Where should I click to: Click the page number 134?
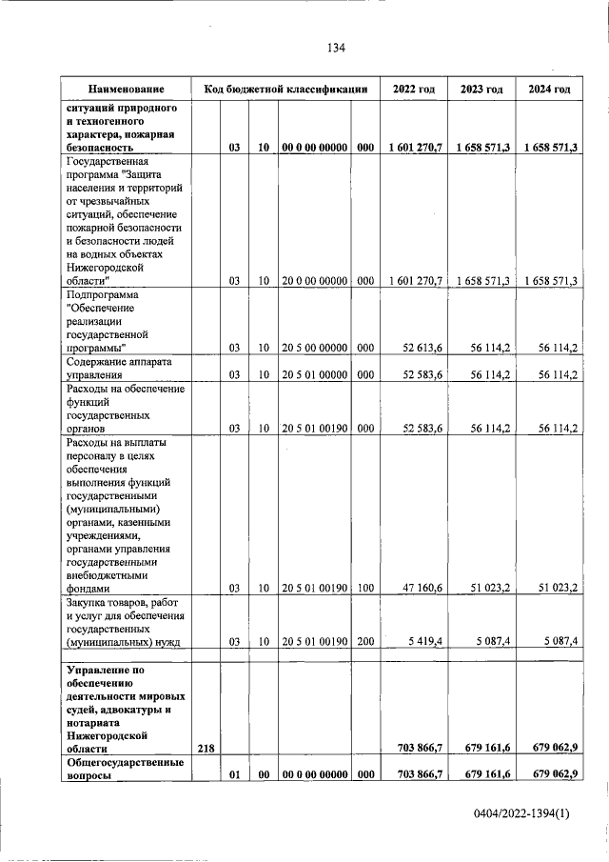[335, 48]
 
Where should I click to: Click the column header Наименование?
[123, 89]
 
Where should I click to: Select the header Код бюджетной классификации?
[285, 89]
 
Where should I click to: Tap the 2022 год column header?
[414, 89]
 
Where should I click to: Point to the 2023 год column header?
[481, 89]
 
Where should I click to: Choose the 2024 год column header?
[549, 89]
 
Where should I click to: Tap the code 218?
[206, 750]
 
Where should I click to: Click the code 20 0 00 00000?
[314, 280]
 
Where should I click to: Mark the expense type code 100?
[365, 588]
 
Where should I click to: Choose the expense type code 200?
[365, 643]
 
